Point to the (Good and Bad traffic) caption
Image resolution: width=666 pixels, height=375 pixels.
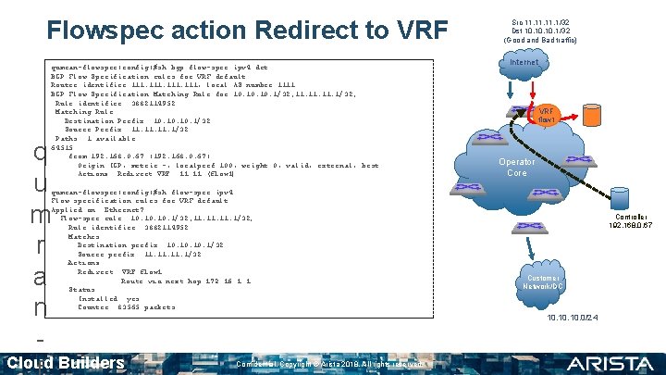coord(540,41)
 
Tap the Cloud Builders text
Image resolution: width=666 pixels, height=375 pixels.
coord(65,362)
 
